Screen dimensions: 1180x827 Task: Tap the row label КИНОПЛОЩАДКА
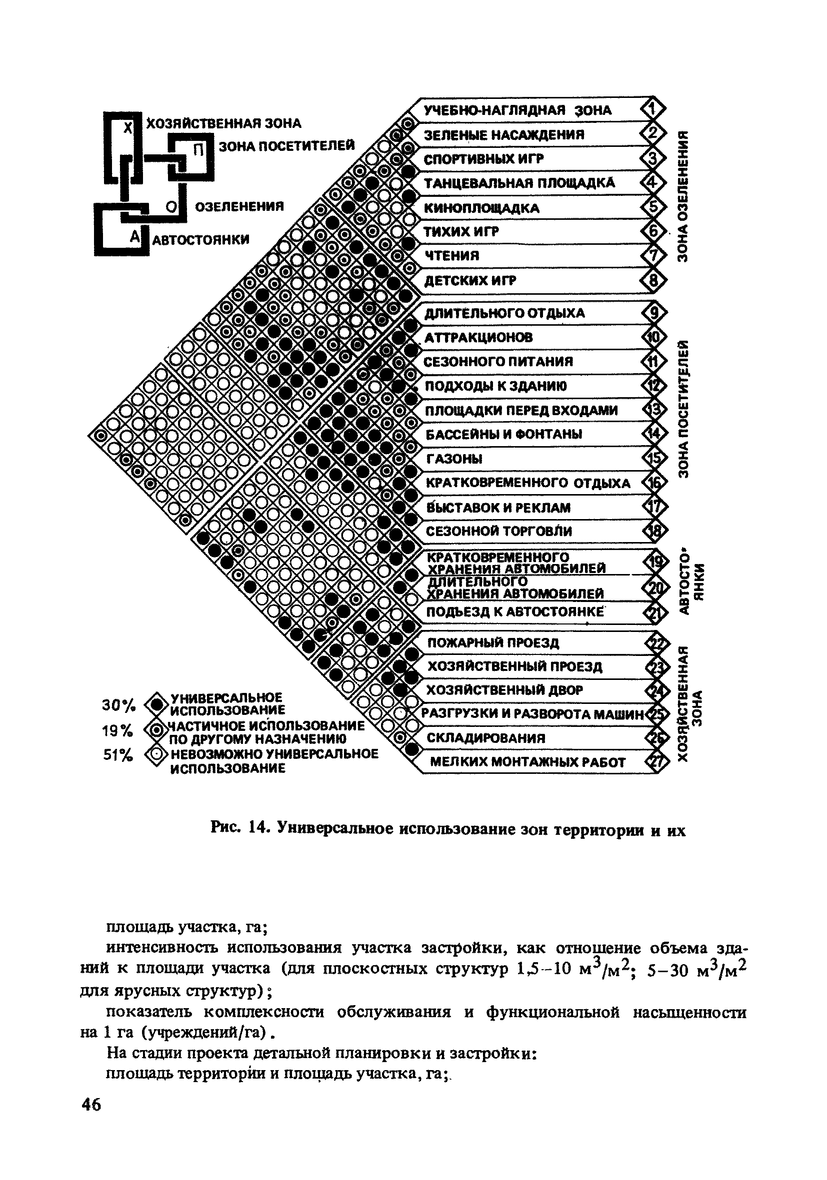[481, 208]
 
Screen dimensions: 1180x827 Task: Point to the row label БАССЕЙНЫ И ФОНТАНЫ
[504, 434]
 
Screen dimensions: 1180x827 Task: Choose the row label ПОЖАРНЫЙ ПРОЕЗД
[493, 642]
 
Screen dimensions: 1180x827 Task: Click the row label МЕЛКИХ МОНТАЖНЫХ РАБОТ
[527, 762]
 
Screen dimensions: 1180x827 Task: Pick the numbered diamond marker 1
[652, 109]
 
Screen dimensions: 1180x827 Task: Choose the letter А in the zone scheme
[134, 236]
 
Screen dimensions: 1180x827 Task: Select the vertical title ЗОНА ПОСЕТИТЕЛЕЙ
[682, 409]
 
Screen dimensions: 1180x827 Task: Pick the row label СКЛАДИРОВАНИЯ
[485, 738]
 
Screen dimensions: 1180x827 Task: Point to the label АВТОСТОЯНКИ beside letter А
[201, 239]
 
